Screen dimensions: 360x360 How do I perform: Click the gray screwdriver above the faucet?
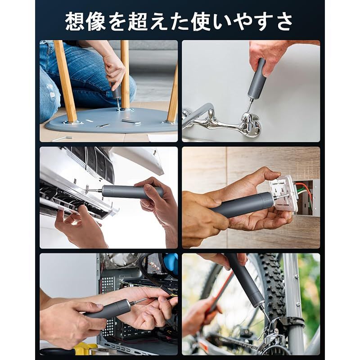click(256, 81)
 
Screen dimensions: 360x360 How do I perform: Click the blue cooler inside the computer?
click(171, 263)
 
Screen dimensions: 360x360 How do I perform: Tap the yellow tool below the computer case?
click(85, 349)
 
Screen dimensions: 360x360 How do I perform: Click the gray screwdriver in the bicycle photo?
click(245, 281)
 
